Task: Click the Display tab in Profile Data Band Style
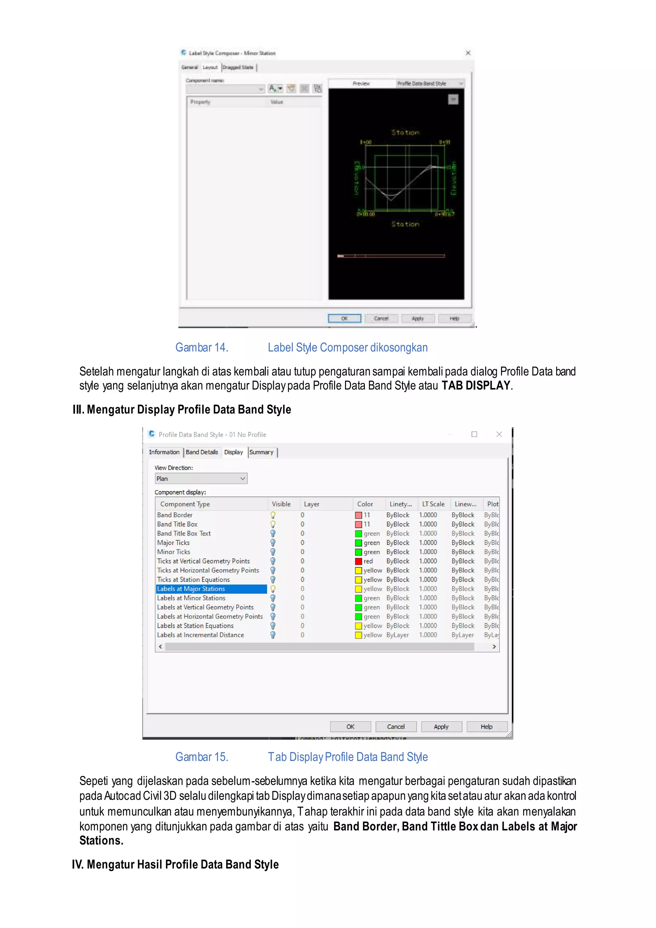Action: (x=234, y=452)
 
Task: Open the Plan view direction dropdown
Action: (x=201, y=478)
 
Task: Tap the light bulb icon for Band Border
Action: (x=273, y=515)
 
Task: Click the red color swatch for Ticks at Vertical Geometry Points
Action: (x=358, y=561)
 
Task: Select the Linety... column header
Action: (x=400, y=504)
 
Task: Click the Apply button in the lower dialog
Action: (x=441, y=726)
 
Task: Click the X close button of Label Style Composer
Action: (x=468, y=53)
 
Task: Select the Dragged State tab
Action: (x=238, y=68)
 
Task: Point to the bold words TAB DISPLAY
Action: (x=476, y=385)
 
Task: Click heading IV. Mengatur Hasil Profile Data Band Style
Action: (x=175, y=864)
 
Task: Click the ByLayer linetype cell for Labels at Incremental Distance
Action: (x=398, y=635)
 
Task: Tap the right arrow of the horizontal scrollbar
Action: (x=494, y=647)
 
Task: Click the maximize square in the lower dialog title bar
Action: (x=474, y=434)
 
